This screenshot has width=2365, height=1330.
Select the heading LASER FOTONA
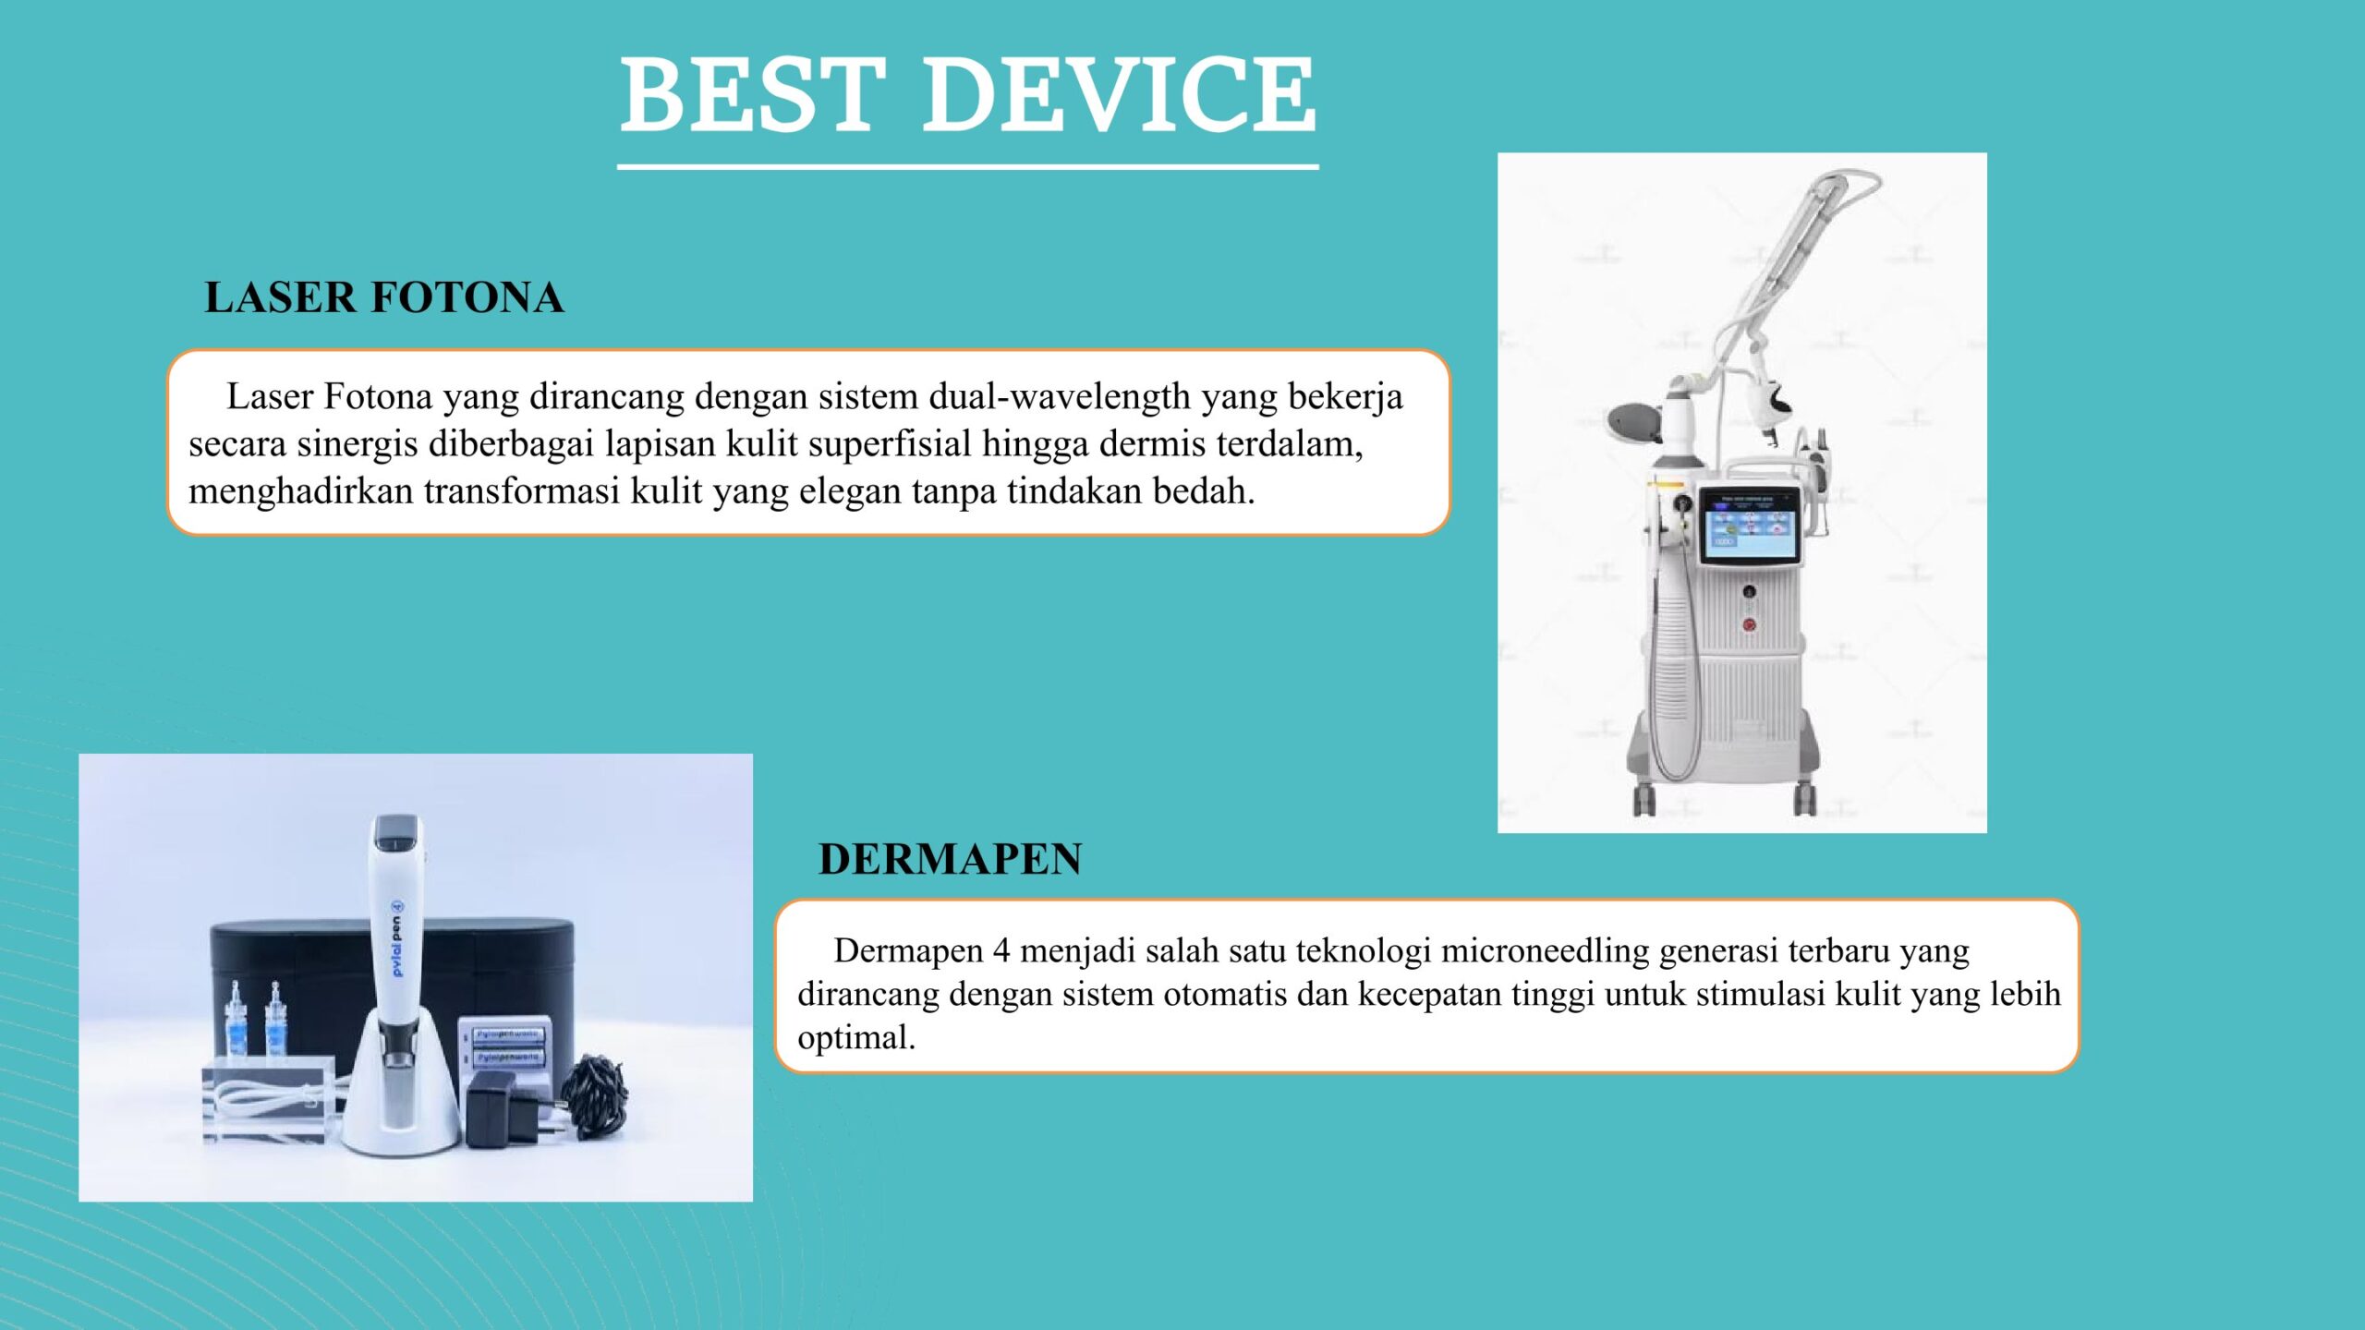click(384, 297)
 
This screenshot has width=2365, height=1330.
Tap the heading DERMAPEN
click(950, 859)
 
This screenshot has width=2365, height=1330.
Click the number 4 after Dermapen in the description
click(1001, 950)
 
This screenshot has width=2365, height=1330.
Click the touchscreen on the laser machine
click(1750, 524)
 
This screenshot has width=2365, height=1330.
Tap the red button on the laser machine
click(1749, 625)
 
